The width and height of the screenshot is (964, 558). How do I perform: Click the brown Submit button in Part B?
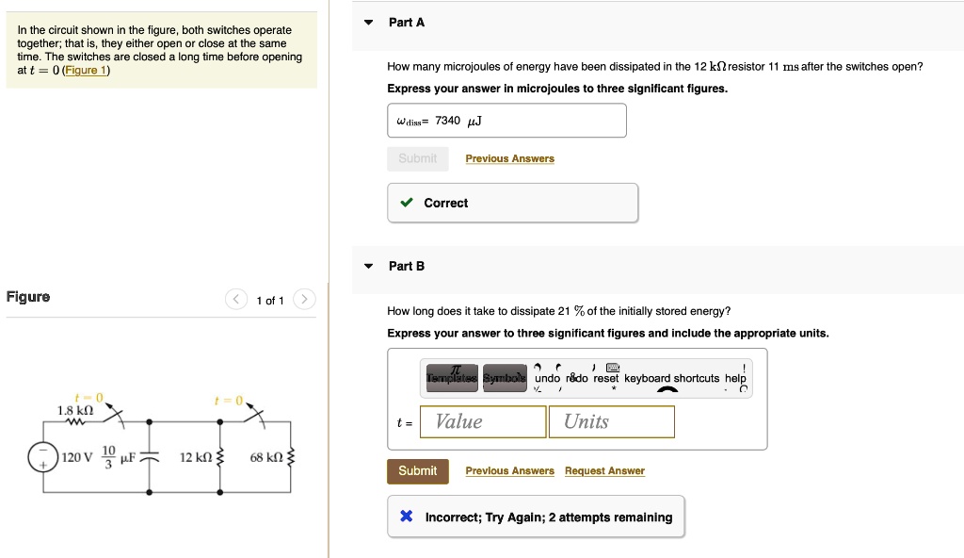point(417,471)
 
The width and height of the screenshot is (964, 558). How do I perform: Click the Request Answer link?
point(604,471)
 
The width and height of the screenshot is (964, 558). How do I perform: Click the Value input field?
point(483,421)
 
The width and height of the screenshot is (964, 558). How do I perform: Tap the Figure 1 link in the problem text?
point(86,71)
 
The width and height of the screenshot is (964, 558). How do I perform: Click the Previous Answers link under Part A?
point(509,158)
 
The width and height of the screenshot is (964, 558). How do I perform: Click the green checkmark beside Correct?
point(406,203)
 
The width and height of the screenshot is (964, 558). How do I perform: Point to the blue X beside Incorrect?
point(406,517)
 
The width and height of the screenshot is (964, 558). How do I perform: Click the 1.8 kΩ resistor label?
point(75,410)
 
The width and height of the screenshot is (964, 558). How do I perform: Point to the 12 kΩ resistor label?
point(196,458)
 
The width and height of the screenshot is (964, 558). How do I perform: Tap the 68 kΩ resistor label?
point(266,458)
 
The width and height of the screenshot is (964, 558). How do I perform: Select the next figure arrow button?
point(303,301)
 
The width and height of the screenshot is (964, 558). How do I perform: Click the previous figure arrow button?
point(236,301)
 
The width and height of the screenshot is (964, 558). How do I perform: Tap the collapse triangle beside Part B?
point(369,267)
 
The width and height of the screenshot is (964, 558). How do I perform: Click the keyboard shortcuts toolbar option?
point(671,378)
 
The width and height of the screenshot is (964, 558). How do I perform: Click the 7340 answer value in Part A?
point(448,121)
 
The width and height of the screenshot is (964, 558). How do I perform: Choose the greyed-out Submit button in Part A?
point(417,158)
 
